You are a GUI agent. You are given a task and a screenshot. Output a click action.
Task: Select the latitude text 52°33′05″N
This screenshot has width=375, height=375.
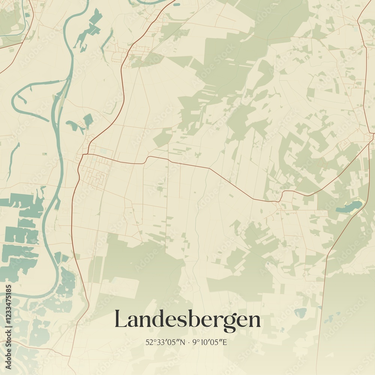[165, 342]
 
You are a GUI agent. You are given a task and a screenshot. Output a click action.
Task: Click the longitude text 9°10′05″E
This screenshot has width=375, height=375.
[210, 342]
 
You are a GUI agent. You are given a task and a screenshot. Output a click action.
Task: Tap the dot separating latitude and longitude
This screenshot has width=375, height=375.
[188, 342]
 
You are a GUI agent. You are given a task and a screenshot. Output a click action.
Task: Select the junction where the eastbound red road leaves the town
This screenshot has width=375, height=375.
[87, 153]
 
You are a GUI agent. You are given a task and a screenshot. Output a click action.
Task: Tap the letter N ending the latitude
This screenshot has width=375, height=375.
[183, 342]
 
